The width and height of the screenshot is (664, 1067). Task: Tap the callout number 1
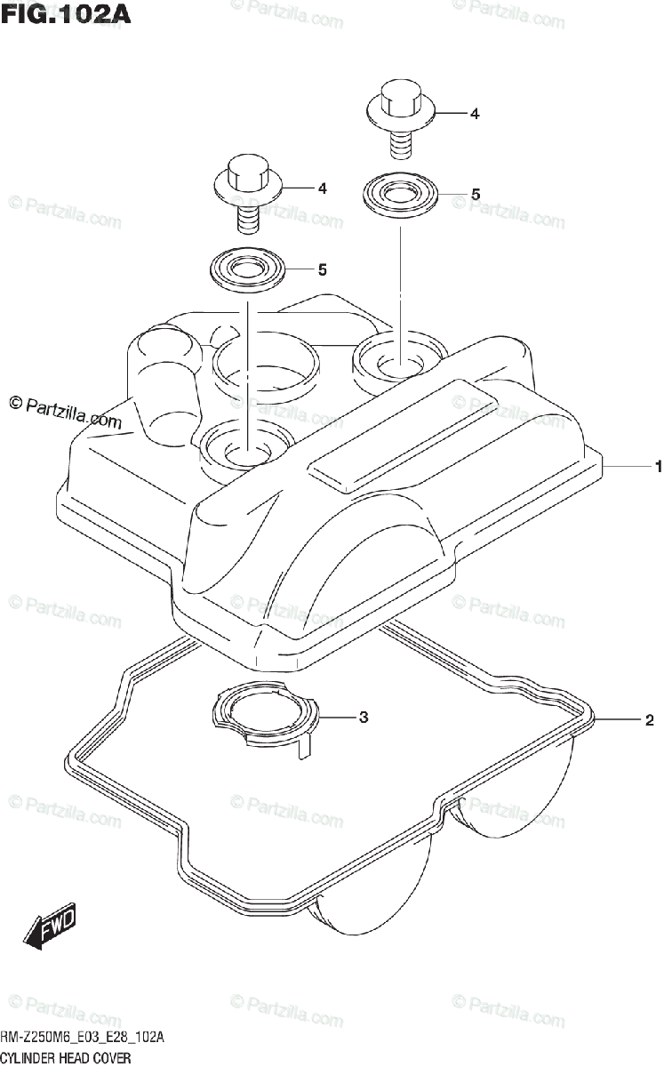click(658, 466)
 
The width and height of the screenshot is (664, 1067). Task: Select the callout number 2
click(650, 719)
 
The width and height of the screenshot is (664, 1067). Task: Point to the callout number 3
click(363, 717)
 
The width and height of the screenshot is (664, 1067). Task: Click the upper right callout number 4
click(475, 114)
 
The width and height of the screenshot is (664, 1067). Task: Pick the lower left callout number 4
click(322, 189)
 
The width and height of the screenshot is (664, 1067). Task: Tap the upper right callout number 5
click(476, 193)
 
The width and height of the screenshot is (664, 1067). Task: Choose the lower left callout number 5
click(322, 269)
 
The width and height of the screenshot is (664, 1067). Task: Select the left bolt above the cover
click(248, 189)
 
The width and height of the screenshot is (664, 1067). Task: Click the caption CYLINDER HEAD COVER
click(66, 1057)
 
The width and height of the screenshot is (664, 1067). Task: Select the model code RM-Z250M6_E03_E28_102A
click(83, 1039)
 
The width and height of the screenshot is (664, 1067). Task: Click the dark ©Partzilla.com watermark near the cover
click(65, 411)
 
